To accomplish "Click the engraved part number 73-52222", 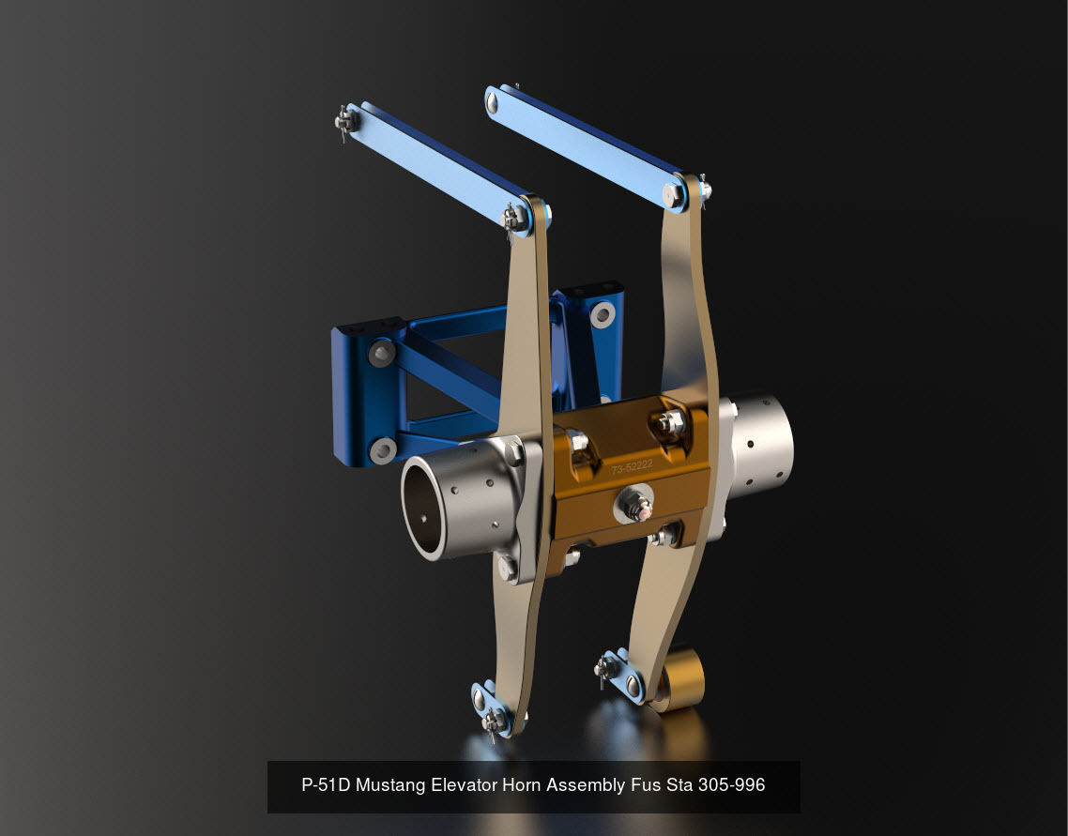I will [632, 466].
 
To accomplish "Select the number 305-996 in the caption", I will [731, 785].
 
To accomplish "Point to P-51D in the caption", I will [326, 785].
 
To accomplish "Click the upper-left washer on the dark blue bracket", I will [381, 353].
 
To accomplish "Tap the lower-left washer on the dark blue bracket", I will [382, 450].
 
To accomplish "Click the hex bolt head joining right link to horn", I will [673, 195].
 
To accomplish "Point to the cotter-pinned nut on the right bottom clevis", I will [605, 669].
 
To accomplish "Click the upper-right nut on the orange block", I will [669, 424].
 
